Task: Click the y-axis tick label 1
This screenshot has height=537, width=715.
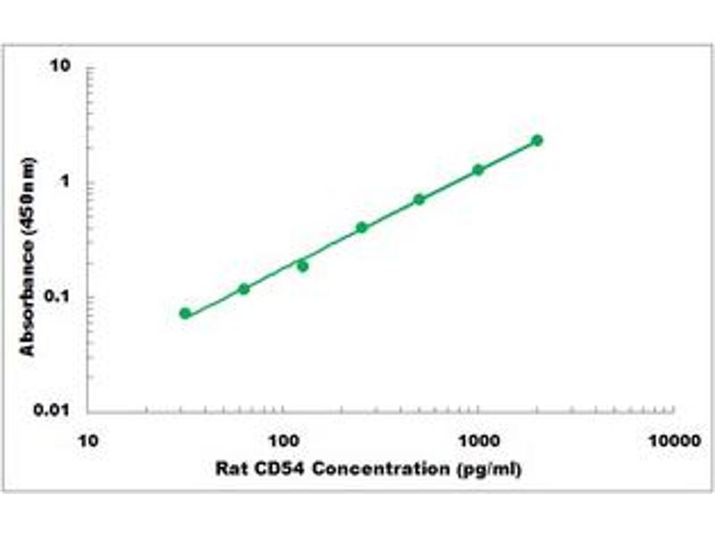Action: coord(65,183)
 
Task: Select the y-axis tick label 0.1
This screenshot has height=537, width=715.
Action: coord(59,297)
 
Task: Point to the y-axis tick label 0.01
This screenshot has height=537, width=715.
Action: coord(55,412)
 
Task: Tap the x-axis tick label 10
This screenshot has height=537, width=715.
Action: coord(88,440)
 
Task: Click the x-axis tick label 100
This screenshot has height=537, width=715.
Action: coord(283,440)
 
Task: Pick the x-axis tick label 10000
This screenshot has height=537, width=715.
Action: coord(672,440)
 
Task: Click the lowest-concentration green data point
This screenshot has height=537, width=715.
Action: coord(185,313)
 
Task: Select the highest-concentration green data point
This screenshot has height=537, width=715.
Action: coord(537,141)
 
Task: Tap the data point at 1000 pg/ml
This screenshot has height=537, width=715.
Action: coord(478,169)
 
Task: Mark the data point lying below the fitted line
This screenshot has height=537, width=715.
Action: coord(303,266)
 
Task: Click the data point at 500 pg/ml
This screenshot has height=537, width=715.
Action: coord(419,199)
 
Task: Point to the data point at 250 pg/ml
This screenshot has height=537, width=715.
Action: coord(361,227)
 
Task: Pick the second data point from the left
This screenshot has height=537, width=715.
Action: coord(244,288)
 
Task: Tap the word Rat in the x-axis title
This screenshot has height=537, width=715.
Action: coord(229,468)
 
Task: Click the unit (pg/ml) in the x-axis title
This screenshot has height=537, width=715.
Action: coord(487,468)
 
